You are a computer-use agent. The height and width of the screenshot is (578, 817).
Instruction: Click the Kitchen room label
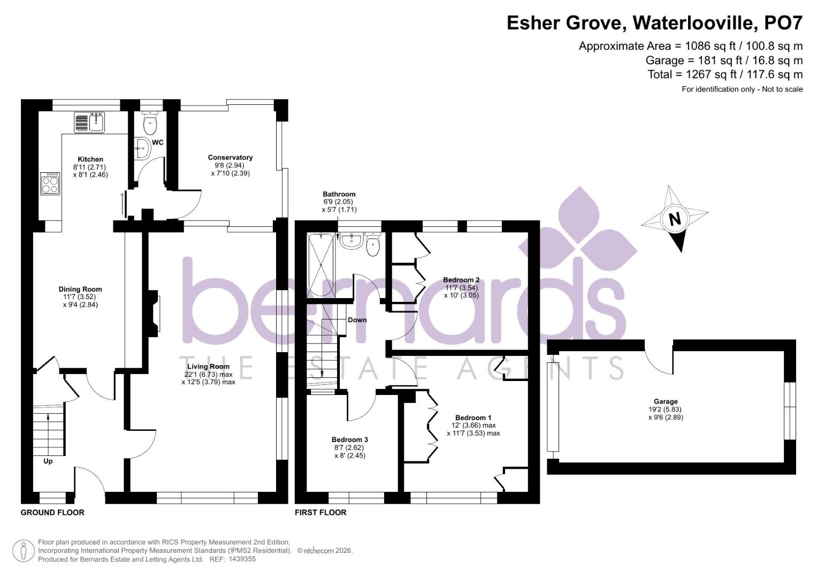coord(90,159)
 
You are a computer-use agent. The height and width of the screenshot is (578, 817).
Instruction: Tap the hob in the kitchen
coord(50,183)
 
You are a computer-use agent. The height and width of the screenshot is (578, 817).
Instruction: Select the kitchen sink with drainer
coord(90,123)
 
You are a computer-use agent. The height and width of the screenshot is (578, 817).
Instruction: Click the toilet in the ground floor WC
coord(150,124)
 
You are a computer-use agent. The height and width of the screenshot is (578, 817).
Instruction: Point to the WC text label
coord(158,143)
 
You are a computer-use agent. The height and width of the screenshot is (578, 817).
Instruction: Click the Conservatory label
coord(230,157)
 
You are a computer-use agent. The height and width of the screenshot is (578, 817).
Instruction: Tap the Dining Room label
coord(80,290)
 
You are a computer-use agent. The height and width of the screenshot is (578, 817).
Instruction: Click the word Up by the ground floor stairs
coord(48,461)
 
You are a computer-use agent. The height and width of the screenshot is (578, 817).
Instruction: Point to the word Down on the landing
coord(357,320)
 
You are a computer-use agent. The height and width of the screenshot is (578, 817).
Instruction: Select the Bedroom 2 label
coord(461,280)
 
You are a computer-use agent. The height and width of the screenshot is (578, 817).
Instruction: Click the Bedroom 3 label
coord(349,440)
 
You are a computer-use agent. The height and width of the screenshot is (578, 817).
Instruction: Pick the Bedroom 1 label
coord(473,418)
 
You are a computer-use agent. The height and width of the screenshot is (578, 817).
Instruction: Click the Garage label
coord(665,401)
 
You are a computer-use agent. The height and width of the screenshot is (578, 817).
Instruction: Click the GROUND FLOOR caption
coord(52,513)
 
